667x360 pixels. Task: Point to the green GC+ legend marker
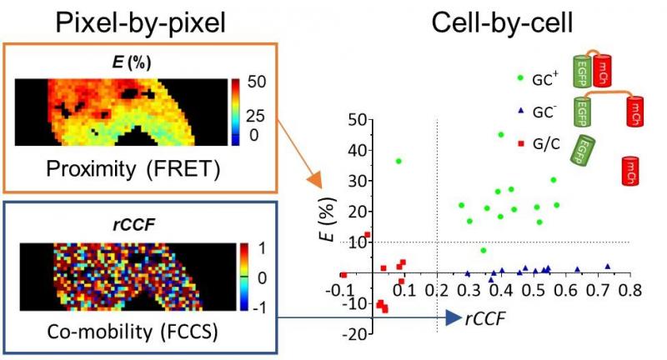pyautogui.click(x=519, y=77)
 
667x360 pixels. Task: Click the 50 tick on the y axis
pyautogui.click(x=359, y=120)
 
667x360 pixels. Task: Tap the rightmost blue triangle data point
pyautogui.click(x=608, y=267)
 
